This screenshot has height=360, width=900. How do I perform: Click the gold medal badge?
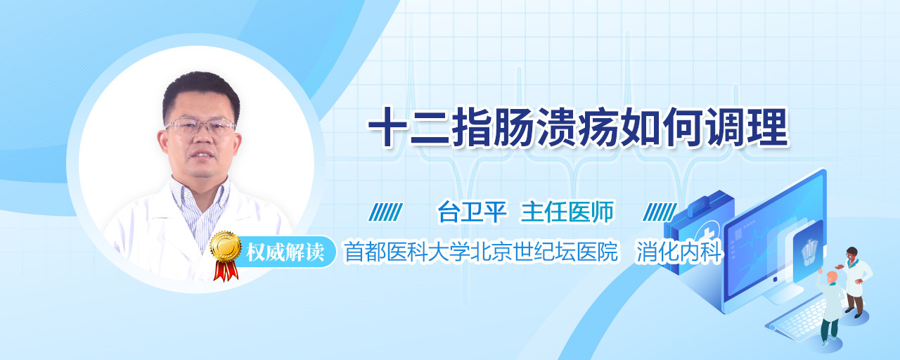(x=226, y=246)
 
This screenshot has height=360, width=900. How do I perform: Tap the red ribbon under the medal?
(x=226, y=271)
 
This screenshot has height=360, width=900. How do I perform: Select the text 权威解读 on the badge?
(x=285, y=252)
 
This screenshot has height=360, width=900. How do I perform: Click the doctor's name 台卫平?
(x=472, y=212)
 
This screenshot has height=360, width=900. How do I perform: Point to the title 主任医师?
(x=567, y=212)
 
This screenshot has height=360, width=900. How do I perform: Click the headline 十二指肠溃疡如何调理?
(x=579, y=127)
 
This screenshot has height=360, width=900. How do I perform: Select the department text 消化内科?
(x=679, y=252)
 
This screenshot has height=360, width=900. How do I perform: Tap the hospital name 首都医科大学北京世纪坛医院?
(x=481, y=252)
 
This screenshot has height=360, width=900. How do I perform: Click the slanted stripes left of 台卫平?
(x=386, y=212)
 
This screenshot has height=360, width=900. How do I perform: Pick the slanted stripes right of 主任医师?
(x=660, y=212)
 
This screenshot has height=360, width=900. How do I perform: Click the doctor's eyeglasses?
(x=200, y=127)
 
